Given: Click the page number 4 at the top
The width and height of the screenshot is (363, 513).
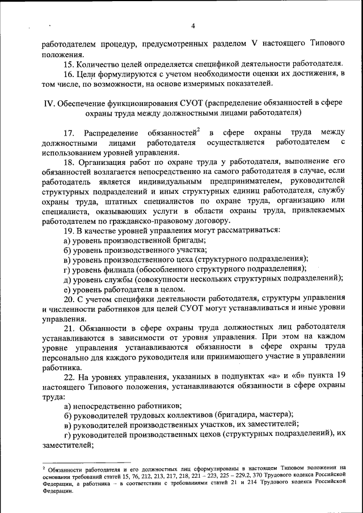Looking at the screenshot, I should coord(193,26).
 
